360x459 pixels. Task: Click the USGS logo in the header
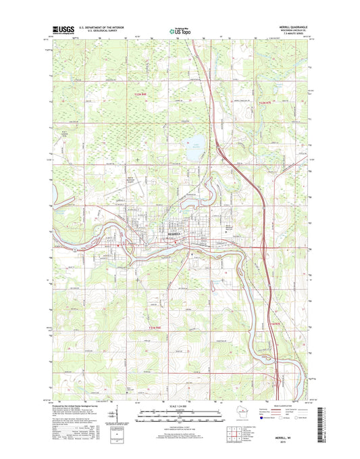point(61,29)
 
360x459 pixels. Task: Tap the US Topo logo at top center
point(179,29)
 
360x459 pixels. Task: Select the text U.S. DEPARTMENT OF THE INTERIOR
point(101,27)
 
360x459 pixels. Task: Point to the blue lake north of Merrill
point(193,151)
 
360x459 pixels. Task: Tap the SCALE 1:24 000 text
point(180,407)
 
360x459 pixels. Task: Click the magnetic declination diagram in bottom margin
point(119,413)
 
